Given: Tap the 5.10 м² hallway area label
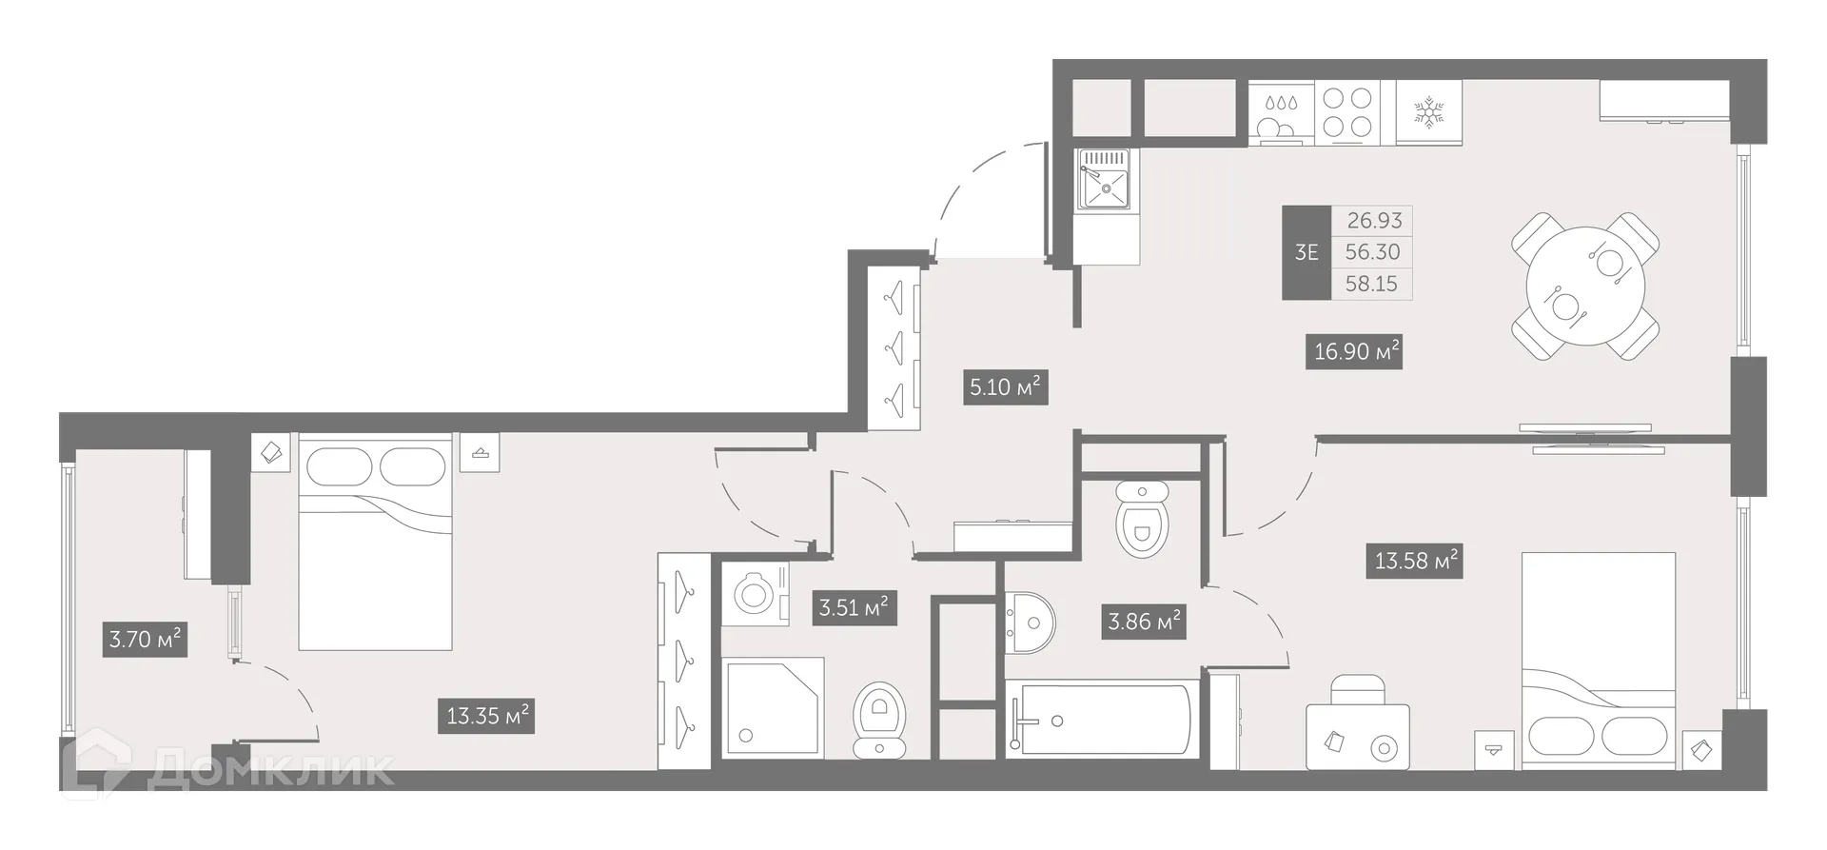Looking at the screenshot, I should (x=1005, y=387).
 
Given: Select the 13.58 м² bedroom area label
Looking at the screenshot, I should (x=1416, y=561).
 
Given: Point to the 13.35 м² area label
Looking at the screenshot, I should (x=488, y=715).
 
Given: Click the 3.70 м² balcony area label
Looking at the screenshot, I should (x=145, y=639).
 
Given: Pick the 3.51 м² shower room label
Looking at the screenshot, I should (x=853, y=607).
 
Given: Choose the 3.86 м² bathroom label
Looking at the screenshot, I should (x=1143, y=623).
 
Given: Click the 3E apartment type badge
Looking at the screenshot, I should (x=1306, y=252).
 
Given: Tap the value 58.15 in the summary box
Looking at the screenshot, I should (x=1371, y=284).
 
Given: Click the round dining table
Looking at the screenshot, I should (x=1584, y=286).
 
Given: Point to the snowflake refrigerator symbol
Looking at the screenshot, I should (x=1427, y=111).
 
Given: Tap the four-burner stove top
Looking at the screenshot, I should (x=1348, y=111).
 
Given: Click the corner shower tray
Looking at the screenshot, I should (x=773, y=706).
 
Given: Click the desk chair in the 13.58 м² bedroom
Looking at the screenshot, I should (x=1357, y=688).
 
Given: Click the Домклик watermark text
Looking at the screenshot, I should (x=271, y=770).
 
